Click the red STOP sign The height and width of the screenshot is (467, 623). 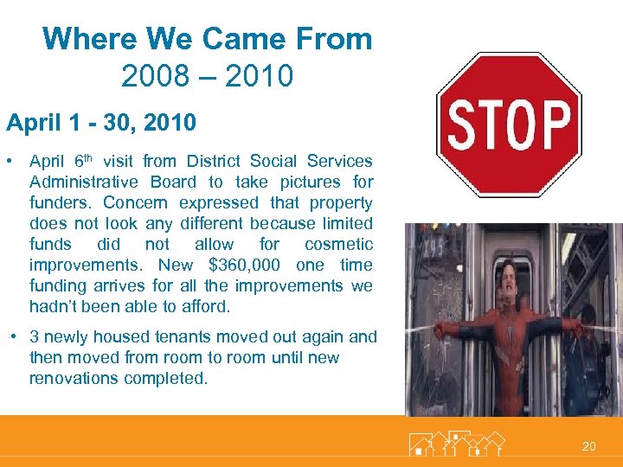pos(508,125)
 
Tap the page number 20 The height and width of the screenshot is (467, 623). pos(588,446)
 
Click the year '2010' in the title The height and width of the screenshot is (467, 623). pos(259,76)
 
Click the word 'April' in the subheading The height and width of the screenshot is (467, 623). pos(31,124)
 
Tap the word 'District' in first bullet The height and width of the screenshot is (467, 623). pos(215,161)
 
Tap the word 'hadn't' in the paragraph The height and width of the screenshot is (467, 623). pos(51,306)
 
